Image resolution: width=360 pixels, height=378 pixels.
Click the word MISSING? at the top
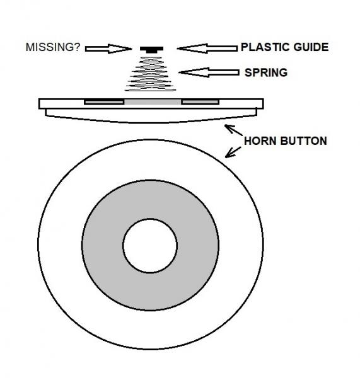(x=53, y=47)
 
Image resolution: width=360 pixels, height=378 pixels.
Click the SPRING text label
(x=266, y=72)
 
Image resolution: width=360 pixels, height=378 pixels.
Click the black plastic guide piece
(x=151, y=50)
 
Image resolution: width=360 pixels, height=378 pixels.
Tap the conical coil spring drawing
(x=150, y=74)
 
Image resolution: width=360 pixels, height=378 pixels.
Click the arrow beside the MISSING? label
(x=108, y=49)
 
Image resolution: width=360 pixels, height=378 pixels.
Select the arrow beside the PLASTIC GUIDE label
(x=207, y=49)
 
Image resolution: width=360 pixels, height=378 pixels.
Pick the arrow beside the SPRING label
(x=209, y=72)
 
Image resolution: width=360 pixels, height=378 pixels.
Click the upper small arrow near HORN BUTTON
(x=233, y=130)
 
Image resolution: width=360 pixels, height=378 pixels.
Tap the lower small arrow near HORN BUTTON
(x=233, y=152)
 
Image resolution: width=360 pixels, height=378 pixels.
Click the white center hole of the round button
(x=150, y=246)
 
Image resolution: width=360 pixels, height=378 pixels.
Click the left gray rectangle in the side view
(x=104, y=102)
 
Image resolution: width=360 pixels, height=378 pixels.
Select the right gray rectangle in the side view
(x=200, y=102)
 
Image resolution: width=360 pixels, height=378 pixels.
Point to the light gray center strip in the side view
(x=153, y=102)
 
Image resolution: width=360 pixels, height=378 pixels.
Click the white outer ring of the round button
(x=61, y=244)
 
